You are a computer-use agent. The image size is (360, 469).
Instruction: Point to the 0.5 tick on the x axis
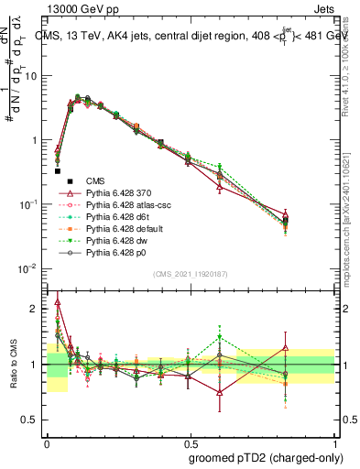[190, 442]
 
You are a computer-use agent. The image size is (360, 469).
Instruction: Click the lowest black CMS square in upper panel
[57, 170]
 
